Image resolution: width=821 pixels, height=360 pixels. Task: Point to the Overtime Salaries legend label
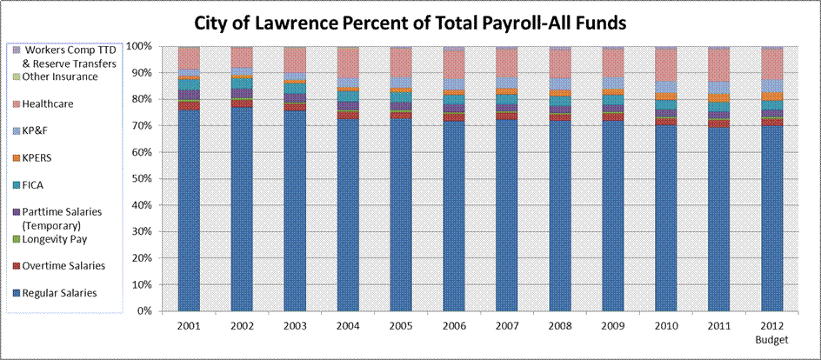64,265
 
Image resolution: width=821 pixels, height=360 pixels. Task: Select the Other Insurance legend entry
60,77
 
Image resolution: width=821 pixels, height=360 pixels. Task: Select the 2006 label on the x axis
453,326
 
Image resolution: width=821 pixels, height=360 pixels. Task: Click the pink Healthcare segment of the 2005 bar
400,62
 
